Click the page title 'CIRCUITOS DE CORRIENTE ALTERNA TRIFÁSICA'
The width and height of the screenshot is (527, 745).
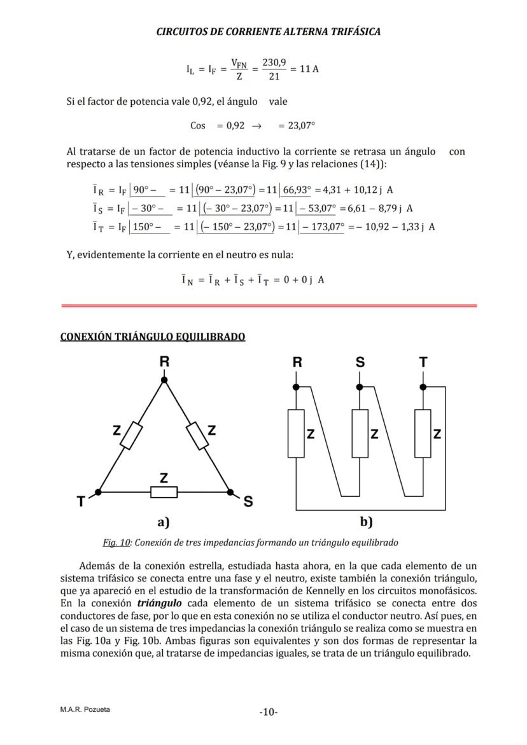(268, 31)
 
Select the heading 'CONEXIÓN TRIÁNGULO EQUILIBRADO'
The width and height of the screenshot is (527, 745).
(153, 337)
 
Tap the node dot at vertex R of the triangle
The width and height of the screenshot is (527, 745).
(164, 380)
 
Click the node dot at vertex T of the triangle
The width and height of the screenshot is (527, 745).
(98, 492)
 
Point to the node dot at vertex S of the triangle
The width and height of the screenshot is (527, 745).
(230, 492)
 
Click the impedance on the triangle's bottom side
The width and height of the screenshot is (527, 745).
(164, 492)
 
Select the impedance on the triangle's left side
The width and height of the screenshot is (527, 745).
(131, 436)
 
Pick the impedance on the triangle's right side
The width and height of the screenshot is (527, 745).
(197, 436)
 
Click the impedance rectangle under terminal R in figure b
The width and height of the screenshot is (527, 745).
(296, 433)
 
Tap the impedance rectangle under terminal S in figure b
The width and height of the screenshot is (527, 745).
(360, 433)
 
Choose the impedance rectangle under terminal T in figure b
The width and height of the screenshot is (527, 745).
(423, 433)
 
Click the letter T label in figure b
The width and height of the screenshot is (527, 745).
(423, 363)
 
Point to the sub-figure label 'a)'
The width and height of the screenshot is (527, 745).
(164, 522)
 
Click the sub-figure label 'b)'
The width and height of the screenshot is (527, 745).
(366, 522)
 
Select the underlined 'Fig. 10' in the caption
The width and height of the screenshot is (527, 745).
(116, 543)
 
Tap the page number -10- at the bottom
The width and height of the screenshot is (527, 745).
(268, 712)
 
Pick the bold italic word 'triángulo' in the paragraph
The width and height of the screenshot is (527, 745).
(160, 603)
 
